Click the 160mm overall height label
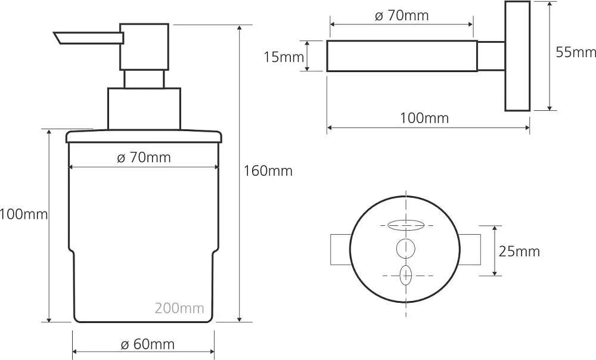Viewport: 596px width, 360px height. click(x=268, y=171)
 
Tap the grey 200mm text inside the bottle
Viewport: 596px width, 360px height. click(x=179, y=308)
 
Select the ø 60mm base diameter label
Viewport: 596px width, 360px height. click(x=147, y=345)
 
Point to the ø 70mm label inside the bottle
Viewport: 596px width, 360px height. click(x=144, y=157)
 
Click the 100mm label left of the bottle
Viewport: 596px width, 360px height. click(x=24, y=215)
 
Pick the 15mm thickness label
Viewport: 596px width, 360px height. click(x=284, y=57)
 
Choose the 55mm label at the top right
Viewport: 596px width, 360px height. click(x=576, y=52)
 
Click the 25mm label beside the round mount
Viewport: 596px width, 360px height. click(x=519, y=252)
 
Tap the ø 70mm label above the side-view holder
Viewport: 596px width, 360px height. click(x=401, y=15)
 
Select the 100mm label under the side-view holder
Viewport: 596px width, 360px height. click(x=424, y=118)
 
